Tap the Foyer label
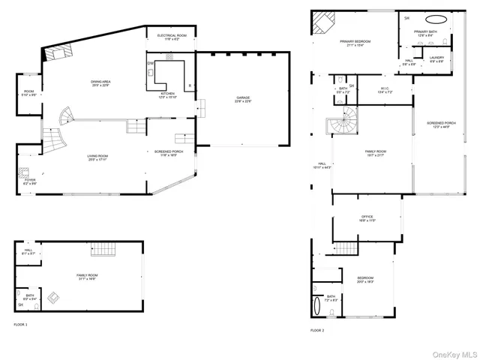coord(30,180)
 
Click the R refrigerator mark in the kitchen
coord(188,85)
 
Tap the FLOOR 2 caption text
coord(317,330)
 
